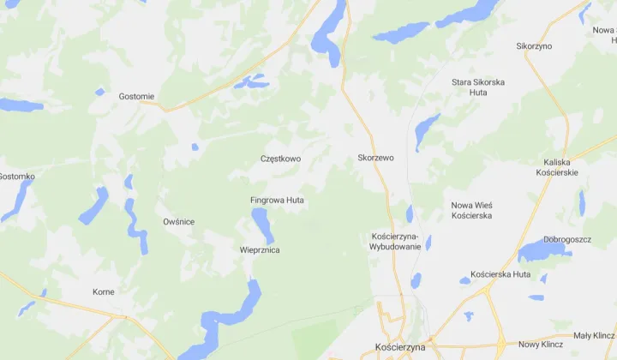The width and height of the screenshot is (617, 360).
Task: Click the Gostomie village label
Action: pos(137,97)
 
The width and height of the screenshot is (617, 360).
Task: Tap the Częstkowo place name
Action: pos(281,159)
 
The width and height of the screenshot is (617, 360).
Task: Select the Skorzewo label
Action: pos(375,159)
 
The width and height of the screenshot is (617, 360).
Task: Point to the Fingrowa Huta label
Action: pos(277,200)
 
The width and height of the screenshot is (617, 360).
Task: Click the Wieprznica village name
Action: pos(260,250)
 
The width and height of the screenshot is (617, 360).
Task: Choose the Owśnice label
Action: pos(178,222)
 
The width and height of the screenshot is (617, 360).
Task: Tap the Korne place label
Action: pos(104,292)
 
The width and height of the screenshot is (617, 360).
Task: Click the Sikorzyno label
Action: pos(534,46)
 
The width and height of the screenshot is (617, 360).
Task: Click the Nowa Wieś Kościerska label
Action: pos(471,210)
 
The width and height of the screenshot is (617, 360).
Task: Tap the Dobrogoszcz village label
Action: pos(567,239)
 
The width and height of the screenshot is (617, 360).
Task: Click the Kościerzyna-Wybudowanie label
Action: pos(395,241)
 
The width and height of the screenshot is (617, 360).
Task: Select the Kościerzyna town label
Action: pos(401,347)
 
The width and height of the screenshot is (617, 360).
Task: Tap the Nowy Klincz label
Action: pos(540,345)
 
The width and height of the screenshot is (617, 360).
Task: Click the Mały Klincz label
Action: pos(594,335)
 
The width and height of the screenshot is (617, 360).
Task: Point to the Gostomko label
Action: pos(16,177)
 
